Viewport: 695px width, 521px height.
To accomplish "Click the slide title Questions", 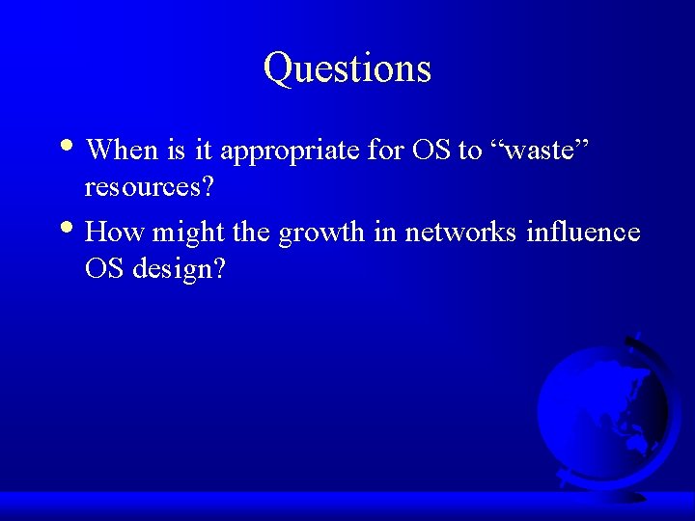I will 347,69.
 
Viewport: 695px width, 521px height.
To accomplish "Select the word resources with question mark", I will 150,187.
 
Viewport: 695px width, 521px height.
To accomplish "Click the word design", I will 180,269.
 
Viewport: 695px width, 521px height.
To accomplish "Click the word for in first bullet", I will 385,150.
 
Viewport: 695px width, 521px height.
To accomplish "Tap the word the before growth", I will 253,233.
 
